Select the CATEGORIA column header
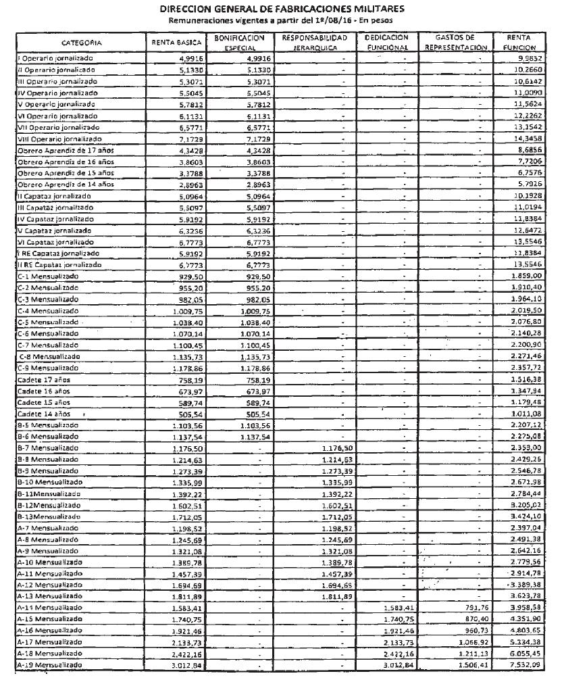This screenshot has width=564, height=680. point(81,43)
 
